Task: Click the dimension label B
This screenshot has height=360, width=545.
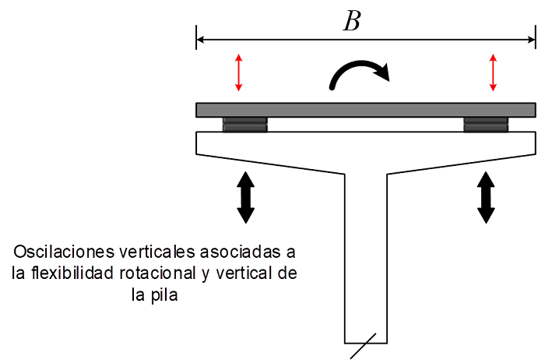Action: click(x=353, y=21)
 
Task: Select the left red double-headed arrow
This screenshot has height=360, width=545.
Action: click(x=238, y=72)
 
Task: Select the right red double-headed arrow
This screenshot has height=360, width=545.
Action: click(x=493, y=72)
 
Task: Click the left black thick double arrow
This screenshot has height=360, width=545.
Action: click(x=246, y=197)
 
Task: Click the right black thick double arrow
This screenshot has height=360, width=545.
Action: click(x=486, y=197)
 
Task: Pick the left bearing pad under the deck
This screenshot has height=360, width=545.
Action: click(x=245, y=125)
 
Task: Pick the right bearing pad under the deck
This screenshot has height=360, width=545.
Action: click(x=486, y=125)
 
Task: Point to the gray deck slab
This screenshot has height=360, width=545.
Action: click(x=366, y=110)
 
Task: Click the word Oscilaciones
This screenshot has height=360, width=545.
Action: click(x=64, y=252)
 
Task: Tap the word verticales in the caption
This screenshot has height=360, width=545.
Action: click(x=157, y=252)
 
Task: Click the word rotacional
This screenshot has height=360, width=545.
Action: click(x=158, y=273)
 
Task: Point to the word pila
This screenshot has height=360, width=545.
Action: click(x=164, y=295)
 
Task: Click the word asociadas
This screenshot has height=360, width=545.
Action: click(x=241, y=252)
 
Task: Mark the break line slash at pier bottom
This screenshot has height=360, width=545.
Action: click(x=363, y=346)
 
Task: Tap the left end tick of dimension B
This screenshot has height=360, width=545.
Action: click(x=196, y=37)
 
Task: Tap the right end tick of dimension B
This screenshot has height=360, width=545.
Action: click(x=536, y=37)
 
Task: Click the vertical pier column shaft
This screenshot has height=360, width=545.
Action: click(x=366, y=258)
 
